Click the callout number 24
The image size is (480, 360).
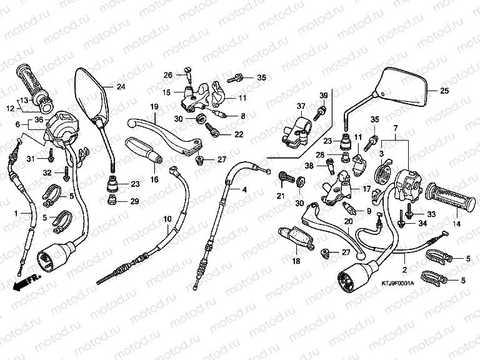tap(121, 86)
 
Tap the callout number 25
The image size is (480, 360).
tap(444, 91)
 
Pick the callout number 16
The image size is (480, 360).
tap(154, 179)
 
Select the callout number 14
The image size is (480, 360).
tap(456, 224)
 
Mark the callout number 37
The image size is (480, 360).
tap(301, 106)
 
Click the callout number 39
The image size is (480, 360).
tap(324, 95)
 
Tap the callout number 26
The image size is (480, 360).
tap(168, 76)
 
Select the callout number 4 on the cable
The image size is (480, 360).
tap(244, 189)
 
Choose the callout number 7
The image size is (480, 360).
tap(395, 128)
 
